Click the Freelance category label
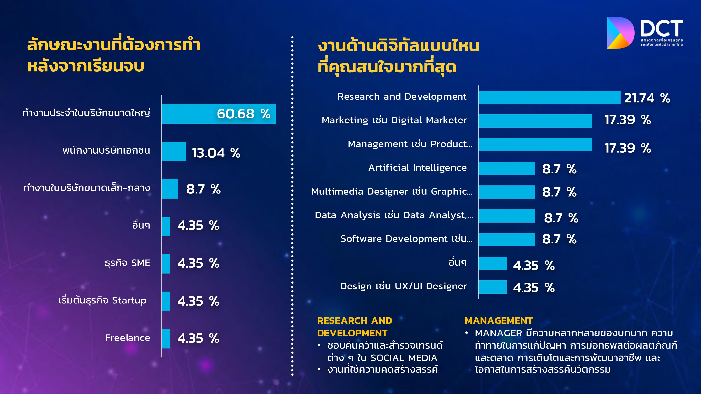click(x=127, y=338)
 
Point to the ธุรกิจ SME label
click(x=127, y=263)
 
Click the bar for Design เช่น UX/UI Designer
click(x=493, y=287)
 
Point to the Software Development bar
click(x=507, y=239)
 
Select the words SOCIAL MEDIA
click(x=404, y=358)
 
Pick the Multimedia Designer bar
click(x=507, y=192)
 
